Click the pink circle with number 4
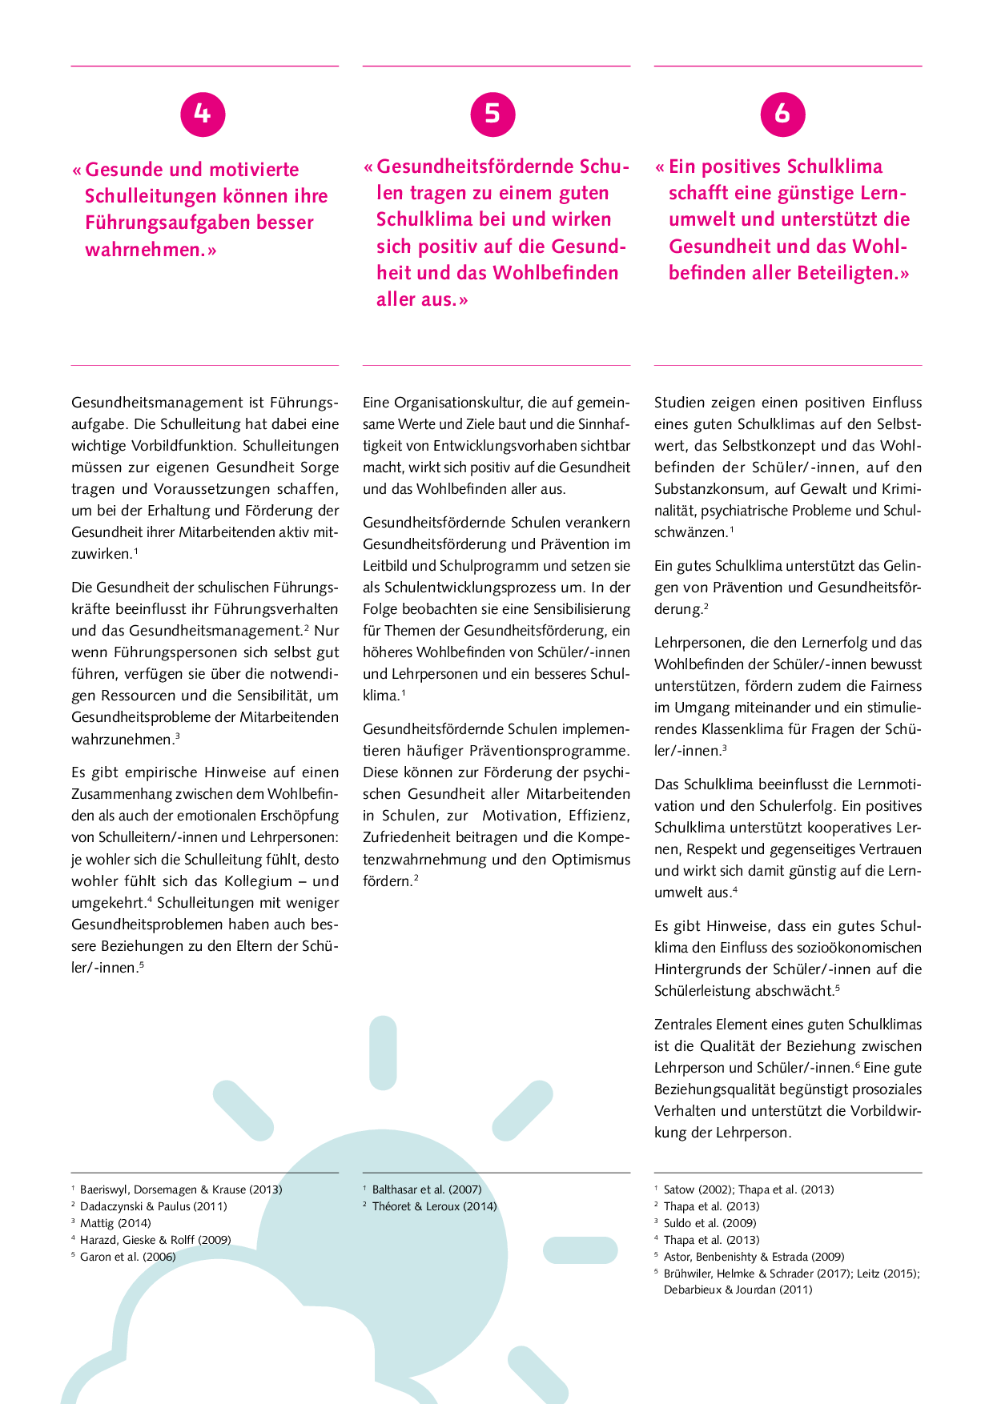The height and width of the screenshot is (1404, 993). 203,114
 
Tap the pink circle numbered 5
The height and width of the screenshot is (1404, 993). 492,114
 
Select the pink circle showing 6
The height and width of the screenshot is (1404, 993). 782,114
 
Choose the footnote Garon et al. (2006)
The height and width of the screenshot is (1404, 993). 127,1257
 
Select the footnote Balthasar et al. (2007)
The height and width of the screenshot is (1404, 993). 426,1189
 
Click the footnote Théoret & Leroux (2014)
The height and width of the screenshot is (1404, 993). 434,1206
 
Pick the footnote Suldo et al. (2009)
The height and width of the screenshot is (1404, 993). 710,1223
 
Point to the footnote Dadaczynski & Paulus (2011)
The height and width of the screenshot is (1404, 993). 153,1206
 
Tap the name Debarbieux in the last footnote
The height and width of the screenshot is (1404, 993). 693,1290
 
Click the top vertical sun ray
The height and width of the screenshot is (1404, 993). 383,1053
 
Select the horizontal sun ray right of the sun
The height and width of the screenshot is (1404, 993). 580,1250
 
